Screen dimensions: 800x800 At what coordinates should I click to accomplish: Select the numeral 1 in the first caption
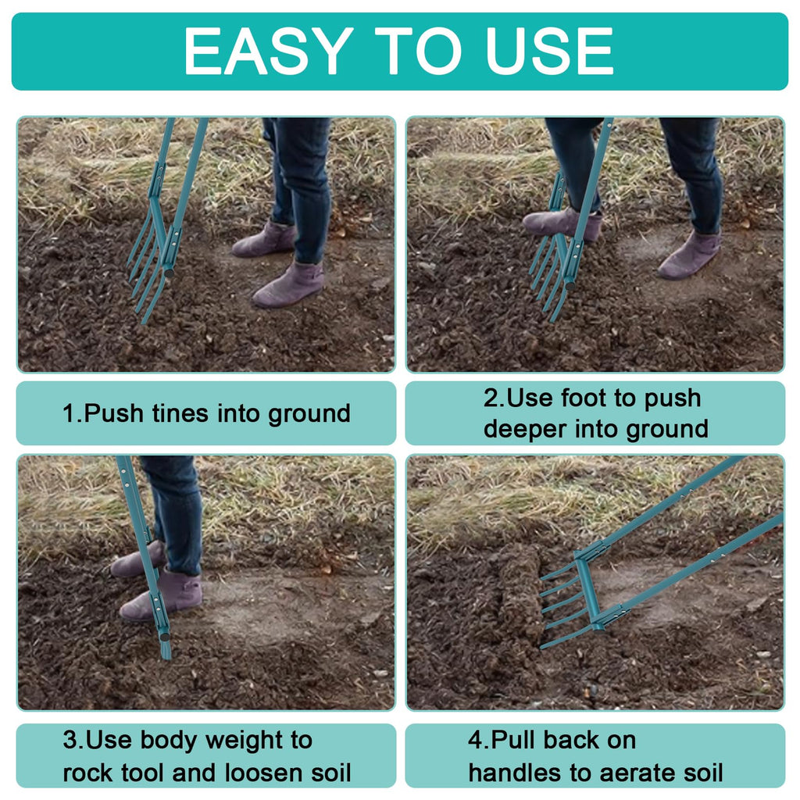click(x=69, y=413)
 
